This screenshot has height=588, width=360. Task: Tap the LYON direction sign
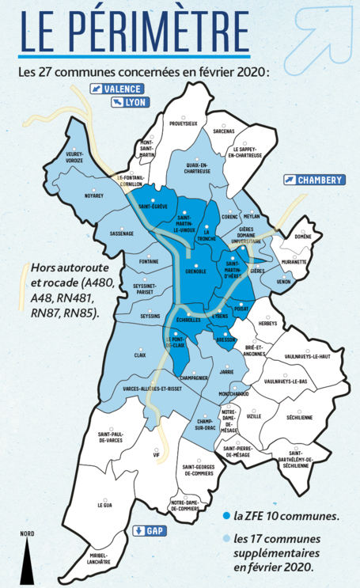pos(131,102)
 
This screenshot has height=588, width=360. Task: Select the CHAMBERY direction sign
pos(314,180)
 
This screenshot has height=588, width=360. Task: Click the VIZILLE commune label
pos(254,415)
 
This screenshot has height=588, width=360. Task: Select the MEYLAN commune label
pos(252,216)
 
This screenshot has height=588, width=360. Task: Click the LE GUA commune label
pos(105,504)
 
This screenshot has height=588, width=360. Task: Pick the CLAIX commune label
pos(139,355)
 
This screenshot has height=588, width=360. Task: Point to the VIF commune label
pos(157,456)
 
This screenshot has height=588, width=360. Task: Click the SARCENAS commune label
pos(223,131)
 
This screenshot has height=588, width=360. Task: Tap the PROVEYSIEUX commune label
pos(183,123)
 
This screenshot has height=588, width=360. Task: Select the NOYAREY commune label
pos(94,195)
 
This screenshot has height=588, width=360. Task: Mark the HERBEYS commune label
pos(268,323)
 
